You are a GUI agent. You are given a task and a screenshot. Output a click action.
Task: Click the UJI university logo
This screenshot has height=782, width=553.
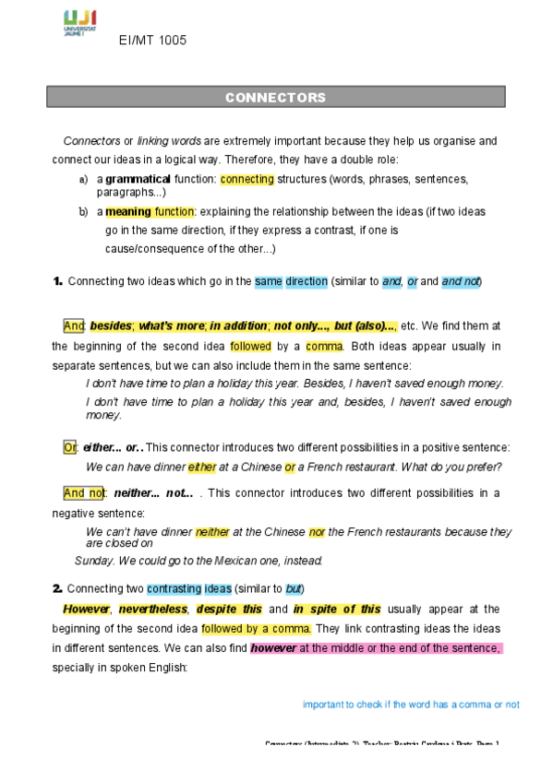(80, 23)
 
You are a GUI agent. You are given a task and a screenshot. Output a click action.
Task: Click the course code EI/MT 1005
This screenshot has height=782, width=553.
(153, 41)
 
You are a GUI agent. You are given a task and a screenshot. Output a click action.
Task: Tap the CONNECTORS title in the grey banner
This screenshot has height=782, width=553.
(275, 97)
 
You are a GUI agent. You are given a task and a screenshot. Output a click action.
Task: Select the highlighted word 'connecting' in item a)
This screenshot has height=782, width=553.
(246, 179)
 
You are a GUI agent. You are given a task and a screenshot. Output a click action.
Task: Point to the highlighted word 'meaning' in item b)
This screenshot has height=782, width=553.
(128, 211)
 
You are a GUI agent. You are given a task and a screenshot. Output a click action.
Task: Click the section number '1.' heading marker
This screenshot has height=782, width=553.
(57, 281)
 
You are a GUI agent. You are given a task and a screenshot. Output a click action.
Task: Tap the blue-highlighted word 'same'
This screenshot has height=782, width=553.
(268, 281)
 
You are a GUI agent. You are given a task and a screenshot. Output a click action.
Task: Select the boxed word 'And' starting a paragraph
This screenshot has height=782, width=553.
(74, 326)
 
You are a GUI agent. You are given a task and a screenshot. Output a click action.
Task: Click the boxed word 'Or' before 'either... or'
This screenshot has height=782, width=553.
(70, 447)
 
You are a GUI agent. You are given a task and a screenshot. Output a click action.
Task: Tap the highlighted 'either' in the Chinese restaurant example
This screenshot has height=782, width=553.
(202, 467)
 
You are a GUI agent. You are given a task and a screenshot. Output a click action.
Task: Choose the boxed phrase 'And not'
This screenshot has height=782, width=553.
(85, 492)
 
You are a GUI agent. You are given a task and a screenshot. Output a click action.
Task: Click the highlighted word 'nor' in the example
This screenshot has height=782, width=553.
(317, 532)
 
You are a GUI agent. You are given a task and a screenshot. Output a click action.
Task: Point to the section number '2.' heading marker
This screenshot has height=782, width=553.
(57, 588)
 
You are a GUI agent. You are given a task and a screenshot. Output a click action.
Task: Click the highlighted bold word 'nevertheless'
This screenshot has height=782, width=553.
(151, 609)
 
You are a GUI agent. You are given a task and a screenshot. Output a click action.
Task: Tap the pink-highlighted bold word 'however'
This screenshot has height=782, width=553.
(273, 648)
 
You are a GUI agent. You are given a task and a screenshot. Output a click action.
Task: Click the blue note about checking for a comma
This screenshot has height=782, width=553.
(411, 705)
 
